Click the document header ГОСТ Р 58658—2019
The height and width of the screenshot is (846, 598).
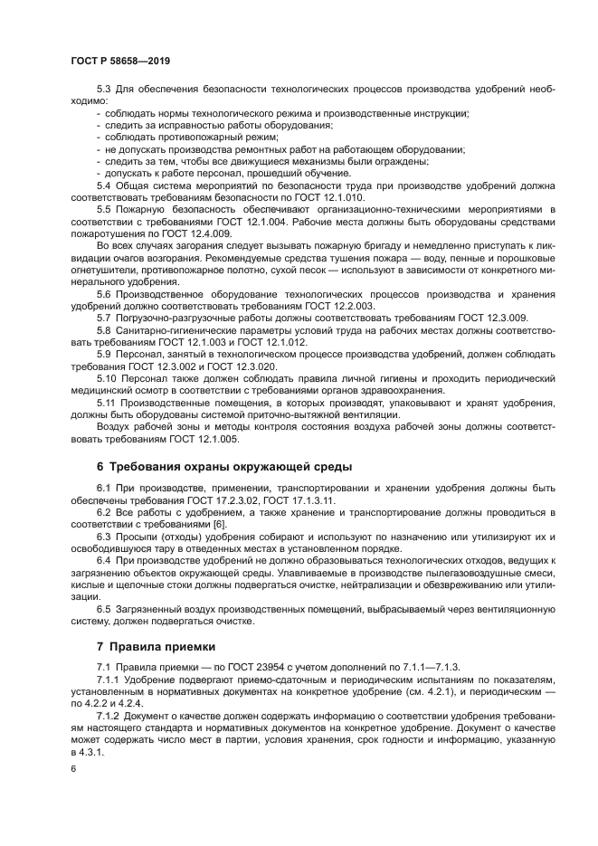pos(119,60)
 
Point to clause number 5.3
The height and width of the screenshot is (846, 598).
pos(103,89)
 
